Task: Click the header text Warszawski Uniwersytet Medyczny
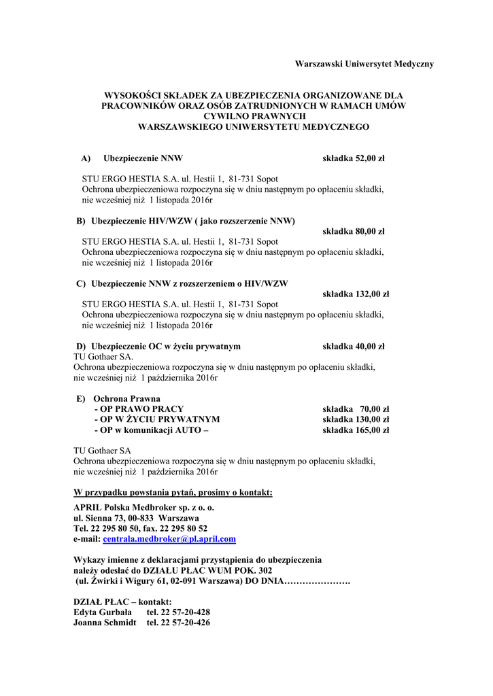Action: [x=364, y=64]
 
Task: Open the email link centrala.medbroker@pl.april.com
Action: [x=169, y=539]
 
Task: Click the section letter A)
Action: [x=86, y=159]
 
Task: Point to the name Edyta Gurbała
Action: [x=103, y=612]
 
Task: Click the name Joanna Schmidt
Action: [x=105, y=623]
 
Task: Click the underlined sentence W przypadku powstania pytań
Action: [x=173, y=492]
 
